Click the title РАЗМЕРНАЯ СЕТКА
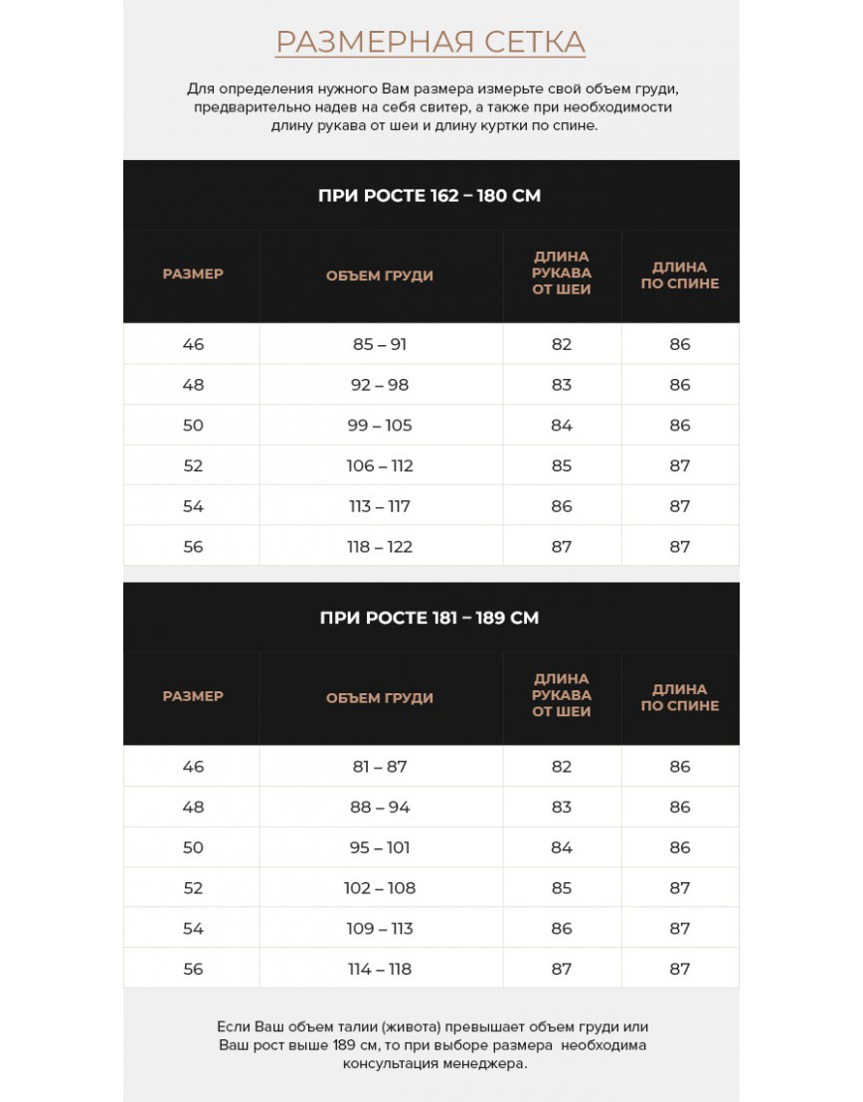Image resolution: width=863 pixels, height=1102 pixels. tap(430, 42)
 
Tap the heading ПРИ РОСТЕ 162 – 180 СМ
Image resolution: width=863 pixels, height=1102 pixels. tap(430, 195)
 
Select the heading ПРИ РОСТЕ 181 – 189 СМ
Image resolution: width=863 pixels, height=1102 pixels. tap(430, 618)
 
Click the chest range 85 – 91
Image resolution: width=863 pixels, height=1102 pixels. tap(380, 344)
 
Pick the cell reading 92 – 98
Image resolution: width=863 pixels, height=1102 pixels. tap(380, 385)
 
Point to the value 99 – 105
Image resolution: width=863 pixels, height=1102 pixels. tap(380, 426)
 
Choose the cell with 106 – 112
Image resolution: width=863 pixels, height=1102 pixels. tap(380, 465)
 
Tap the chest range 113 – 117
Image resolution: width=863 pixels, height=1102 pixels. tap(380, 506)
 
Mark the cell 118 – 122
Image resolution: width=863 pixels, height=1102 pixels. tap(380, 547)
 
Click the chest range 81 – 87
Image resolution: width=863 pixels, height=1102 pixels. tap(380, 767)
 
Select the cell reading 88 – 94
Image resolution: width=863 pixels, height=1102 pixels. tap(380, 808)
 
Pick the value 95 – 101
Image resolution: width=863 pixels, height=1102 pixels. tap(380, 847)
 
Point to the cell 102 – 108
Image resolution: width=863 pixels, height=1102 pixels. tap(380, 888)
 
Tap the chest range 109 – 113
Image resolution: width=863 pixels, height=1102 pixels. tap(380, 929)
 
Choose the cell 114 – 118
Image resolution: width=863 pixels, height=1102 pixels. tap(380, 969)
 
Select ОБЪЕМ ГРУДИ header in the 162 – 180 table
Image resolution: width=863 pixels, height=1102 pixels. tap(380, 275)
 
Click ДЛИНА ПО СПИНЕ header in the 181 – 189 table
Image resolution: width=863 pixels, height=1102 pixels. tap(680, 697)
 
